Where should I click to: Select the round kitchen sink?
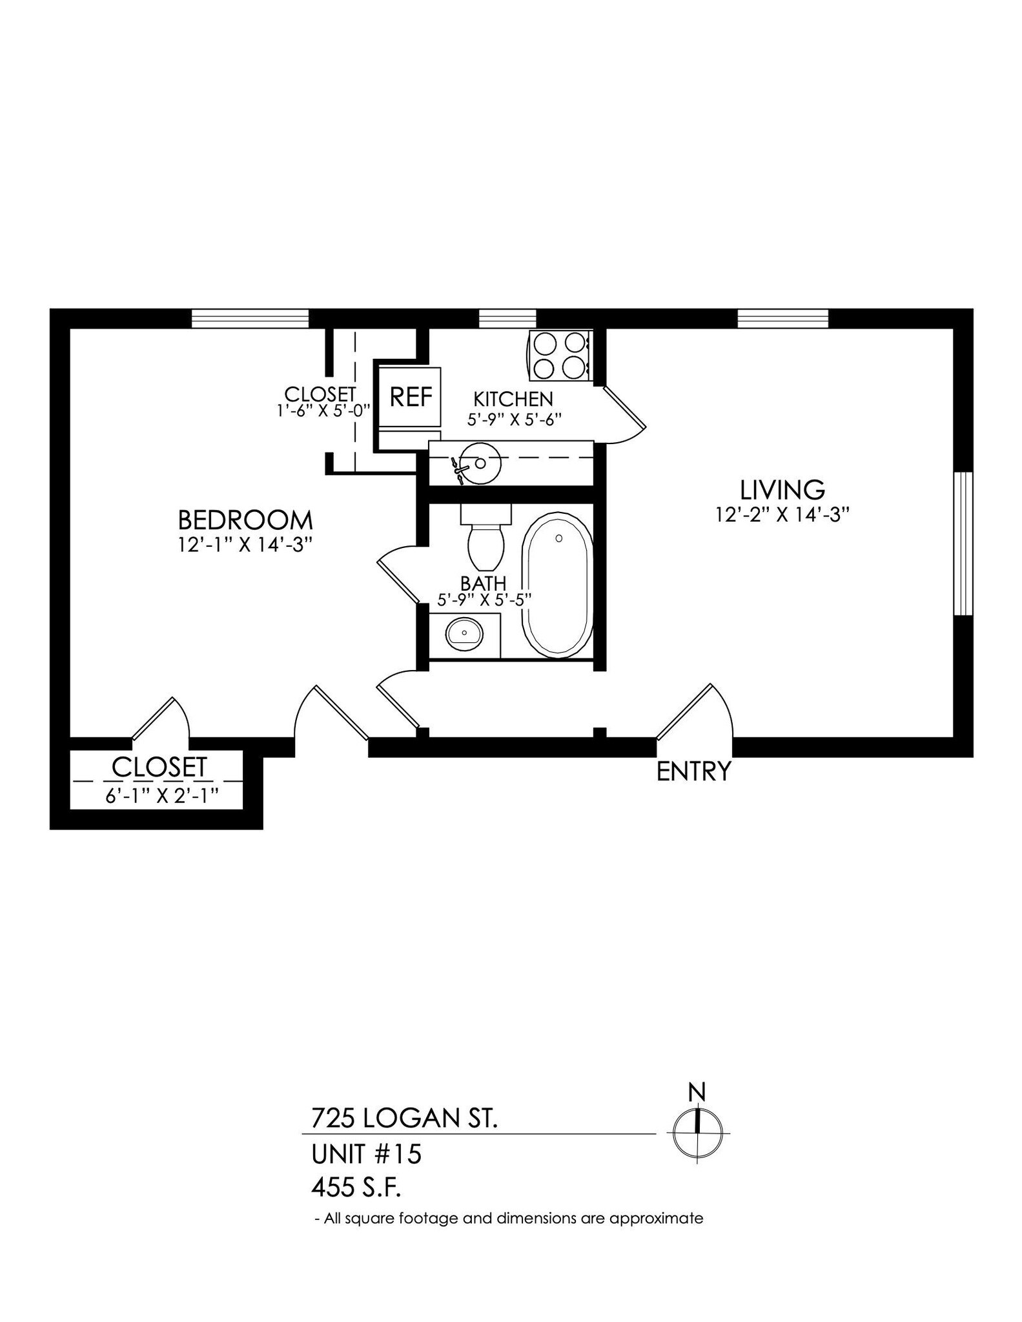(480, 463)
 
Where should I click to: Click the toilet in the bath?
(485, 536)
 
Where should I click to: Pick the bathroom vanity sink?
(464, 635)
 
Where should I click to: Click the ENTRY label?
(693, 771)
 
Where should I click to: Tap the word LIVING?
(782, 490)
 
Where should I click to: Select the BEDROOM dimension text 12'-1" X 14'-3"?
(245, 544)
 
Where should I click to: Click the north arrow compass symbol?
(697, 1133)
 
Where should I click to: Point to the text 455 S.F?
(360, 1186)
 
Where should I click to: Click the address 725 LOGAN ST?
(404, 1118)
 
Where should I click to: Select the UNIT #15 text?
(366, 1154)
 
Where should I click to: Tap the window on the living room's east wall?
(963, 544)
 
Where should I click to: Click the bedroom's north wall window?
(250, 318)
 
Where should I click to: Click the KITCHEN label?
(513, 399)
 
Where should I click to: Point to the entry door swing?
(697, 710)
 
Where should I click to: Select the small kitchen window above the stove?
(507, 318)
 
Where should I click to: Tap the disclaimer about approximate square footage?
(508, 1219)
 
